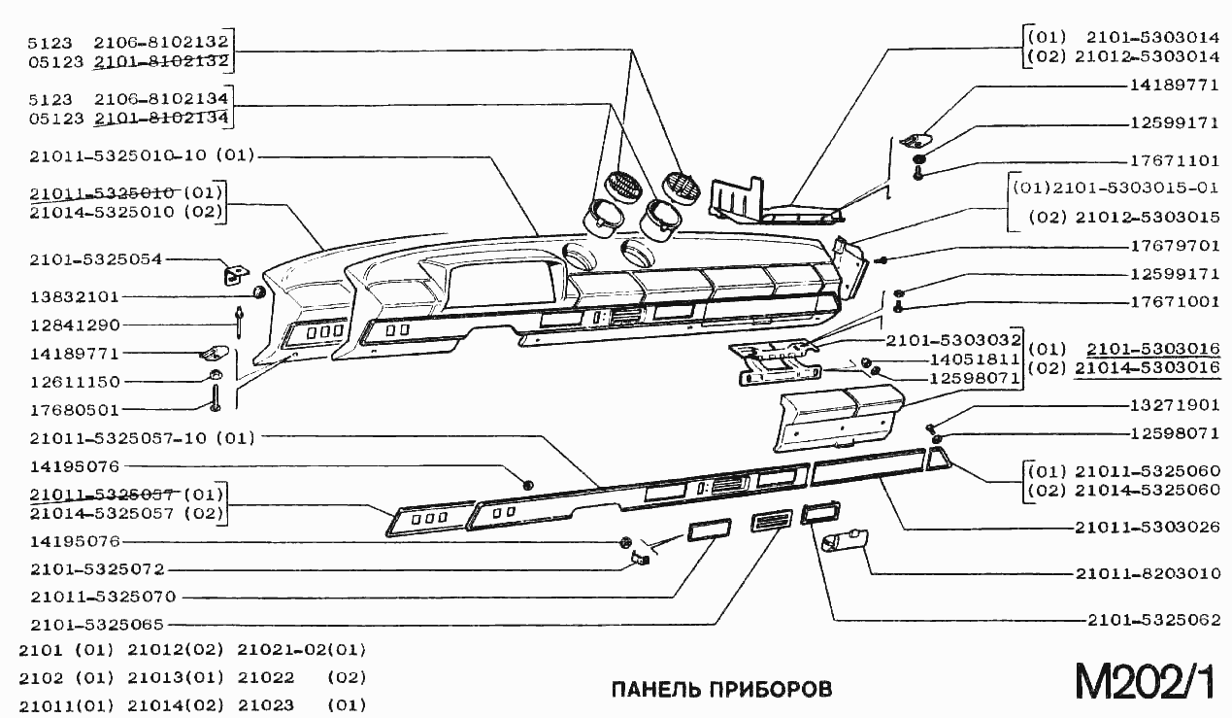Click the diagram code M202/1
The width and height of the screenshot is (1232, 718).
pos(1144,681)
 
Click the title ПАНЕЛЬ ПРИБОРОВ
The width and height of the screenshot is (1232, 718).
pos(721,689)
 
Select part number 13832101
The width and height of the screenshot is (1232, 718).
pos(74,295)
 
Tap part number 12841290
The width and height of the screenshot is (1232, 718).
pos(74,325)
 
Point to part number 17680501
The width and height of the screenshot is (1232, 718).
pos(74,409)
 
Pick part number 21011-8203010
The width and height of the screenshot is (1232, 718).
pos(1148,573)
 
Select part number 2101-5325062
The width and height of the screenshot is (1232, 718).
pos(1153,619)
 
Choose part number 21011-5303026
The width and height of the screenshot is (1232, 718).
pos(1148,528)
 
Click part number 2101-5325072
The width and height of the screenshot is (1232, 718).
pos(97,568)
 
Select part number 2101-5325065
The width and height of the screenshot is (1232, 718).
pos(97,625)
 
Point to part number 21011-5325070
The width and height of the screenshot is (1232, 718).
pos(103,597)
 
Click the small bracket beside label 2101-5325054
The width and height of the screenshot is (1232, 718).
pos(234,276)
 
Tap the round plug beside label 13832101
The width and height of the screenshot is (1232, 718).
pos(259,292)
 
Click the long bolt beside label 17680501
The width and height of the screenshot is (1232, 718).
pos(214,398)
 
